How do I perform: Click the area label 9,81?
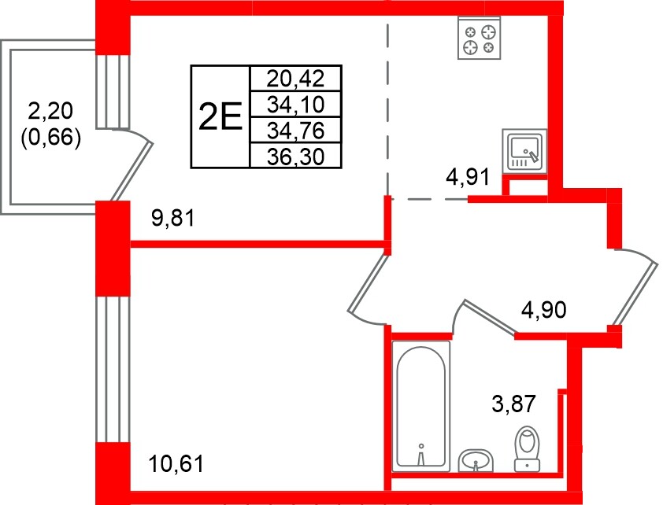[172, 219]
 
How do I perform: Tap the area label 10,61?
[176, 463]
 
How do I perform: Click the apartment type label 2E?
[218, 117]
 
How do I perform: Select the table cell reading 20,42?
[294, 79]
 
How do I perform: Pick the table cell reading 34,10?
[294, 105]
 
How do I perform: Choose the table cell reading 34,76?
[294, 131]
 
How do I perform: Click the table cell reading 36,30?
[294, 157]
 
